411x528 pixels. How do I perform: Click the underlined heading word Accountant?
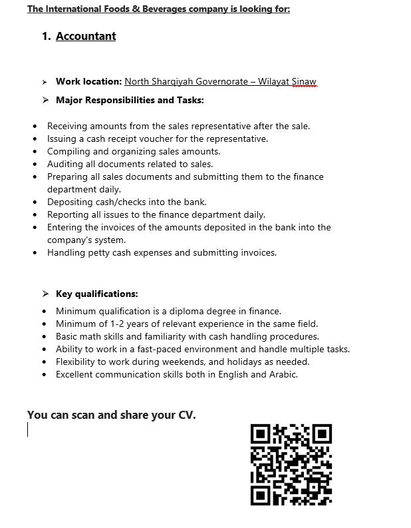click(x=86, y=36)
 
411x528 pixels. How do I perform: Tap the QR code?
click(x=291, y=464)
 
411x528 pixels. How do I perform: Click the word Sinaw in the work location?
click(x=304, y=82)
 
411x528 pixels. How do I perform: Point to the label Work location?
click(x=89, y=82)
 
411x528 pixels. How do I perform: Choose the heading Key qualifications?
click(x=97, y=294)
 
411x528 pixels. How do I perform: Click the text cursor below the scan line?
click(x=28, y=430)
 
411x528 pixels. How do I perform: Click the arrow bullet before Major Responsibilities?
click(x=45, y=101)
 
